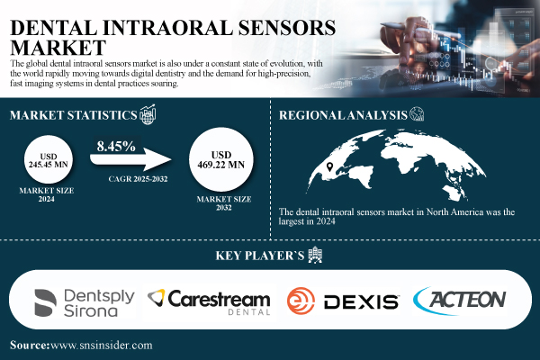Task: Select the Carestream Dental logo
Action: (208, 302)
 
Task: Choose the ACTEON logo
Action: (460, 301)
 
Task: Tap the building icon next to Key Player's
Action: (314, 255)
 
